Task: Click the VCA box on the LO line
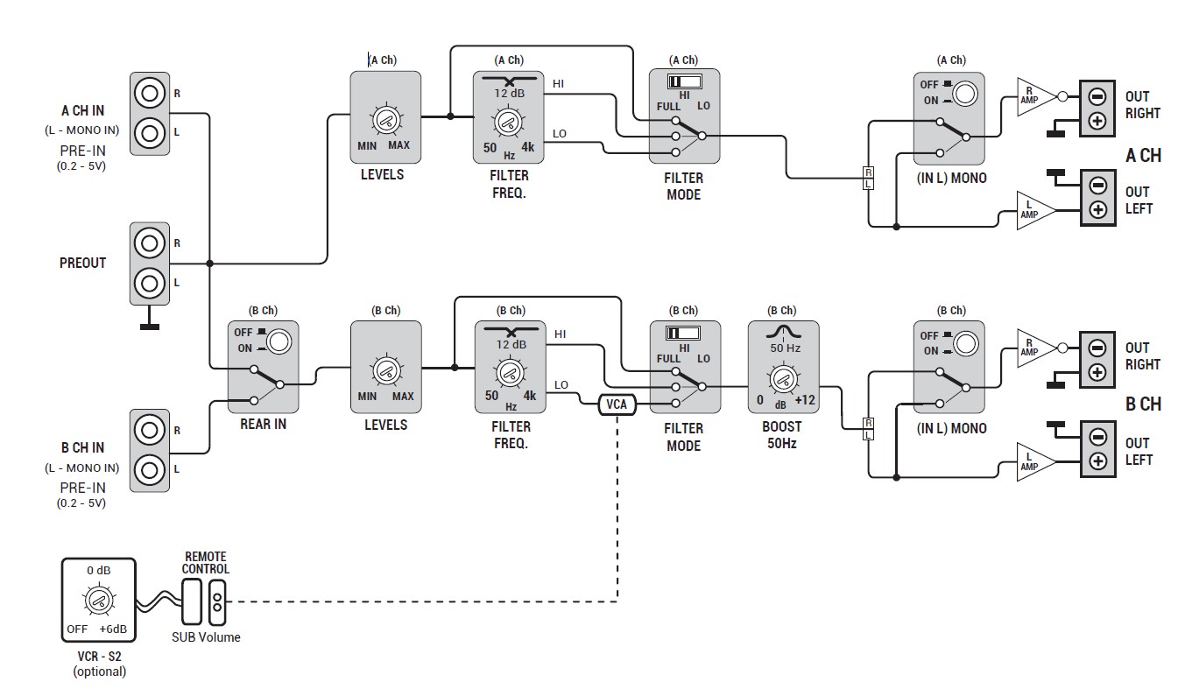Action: click(x=617, y=404)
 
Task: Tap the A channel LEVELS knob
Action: click(x=384, y=122)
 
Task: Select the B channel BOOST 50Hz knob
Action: click(x=782, y=378)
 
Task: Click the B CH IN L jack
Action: click(x=150, y=469)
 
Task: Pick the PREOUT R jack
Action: click(x=150, y=243)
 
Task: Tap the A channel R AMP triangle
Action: click(x=1033, y=96)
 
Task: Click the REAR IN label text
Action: click(x=263, y=424)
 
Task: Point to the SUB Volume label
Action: click(x=206, y=637)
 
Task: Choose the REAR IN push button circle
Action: click(x=279, y=340)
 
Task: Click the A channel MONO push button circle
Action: click(x=964, y=93)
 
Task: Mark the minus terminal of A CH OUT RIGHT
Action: click(x=1097, y=96)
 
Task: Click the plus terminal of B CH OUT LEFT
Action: click(x=1097, y=460)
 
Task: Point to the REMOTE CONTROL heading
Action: click(x=206, y=563)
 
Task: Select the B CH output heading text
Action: click(x=1143, y=404)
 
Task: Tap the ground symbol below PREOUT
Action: click(x=150, y=327)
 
